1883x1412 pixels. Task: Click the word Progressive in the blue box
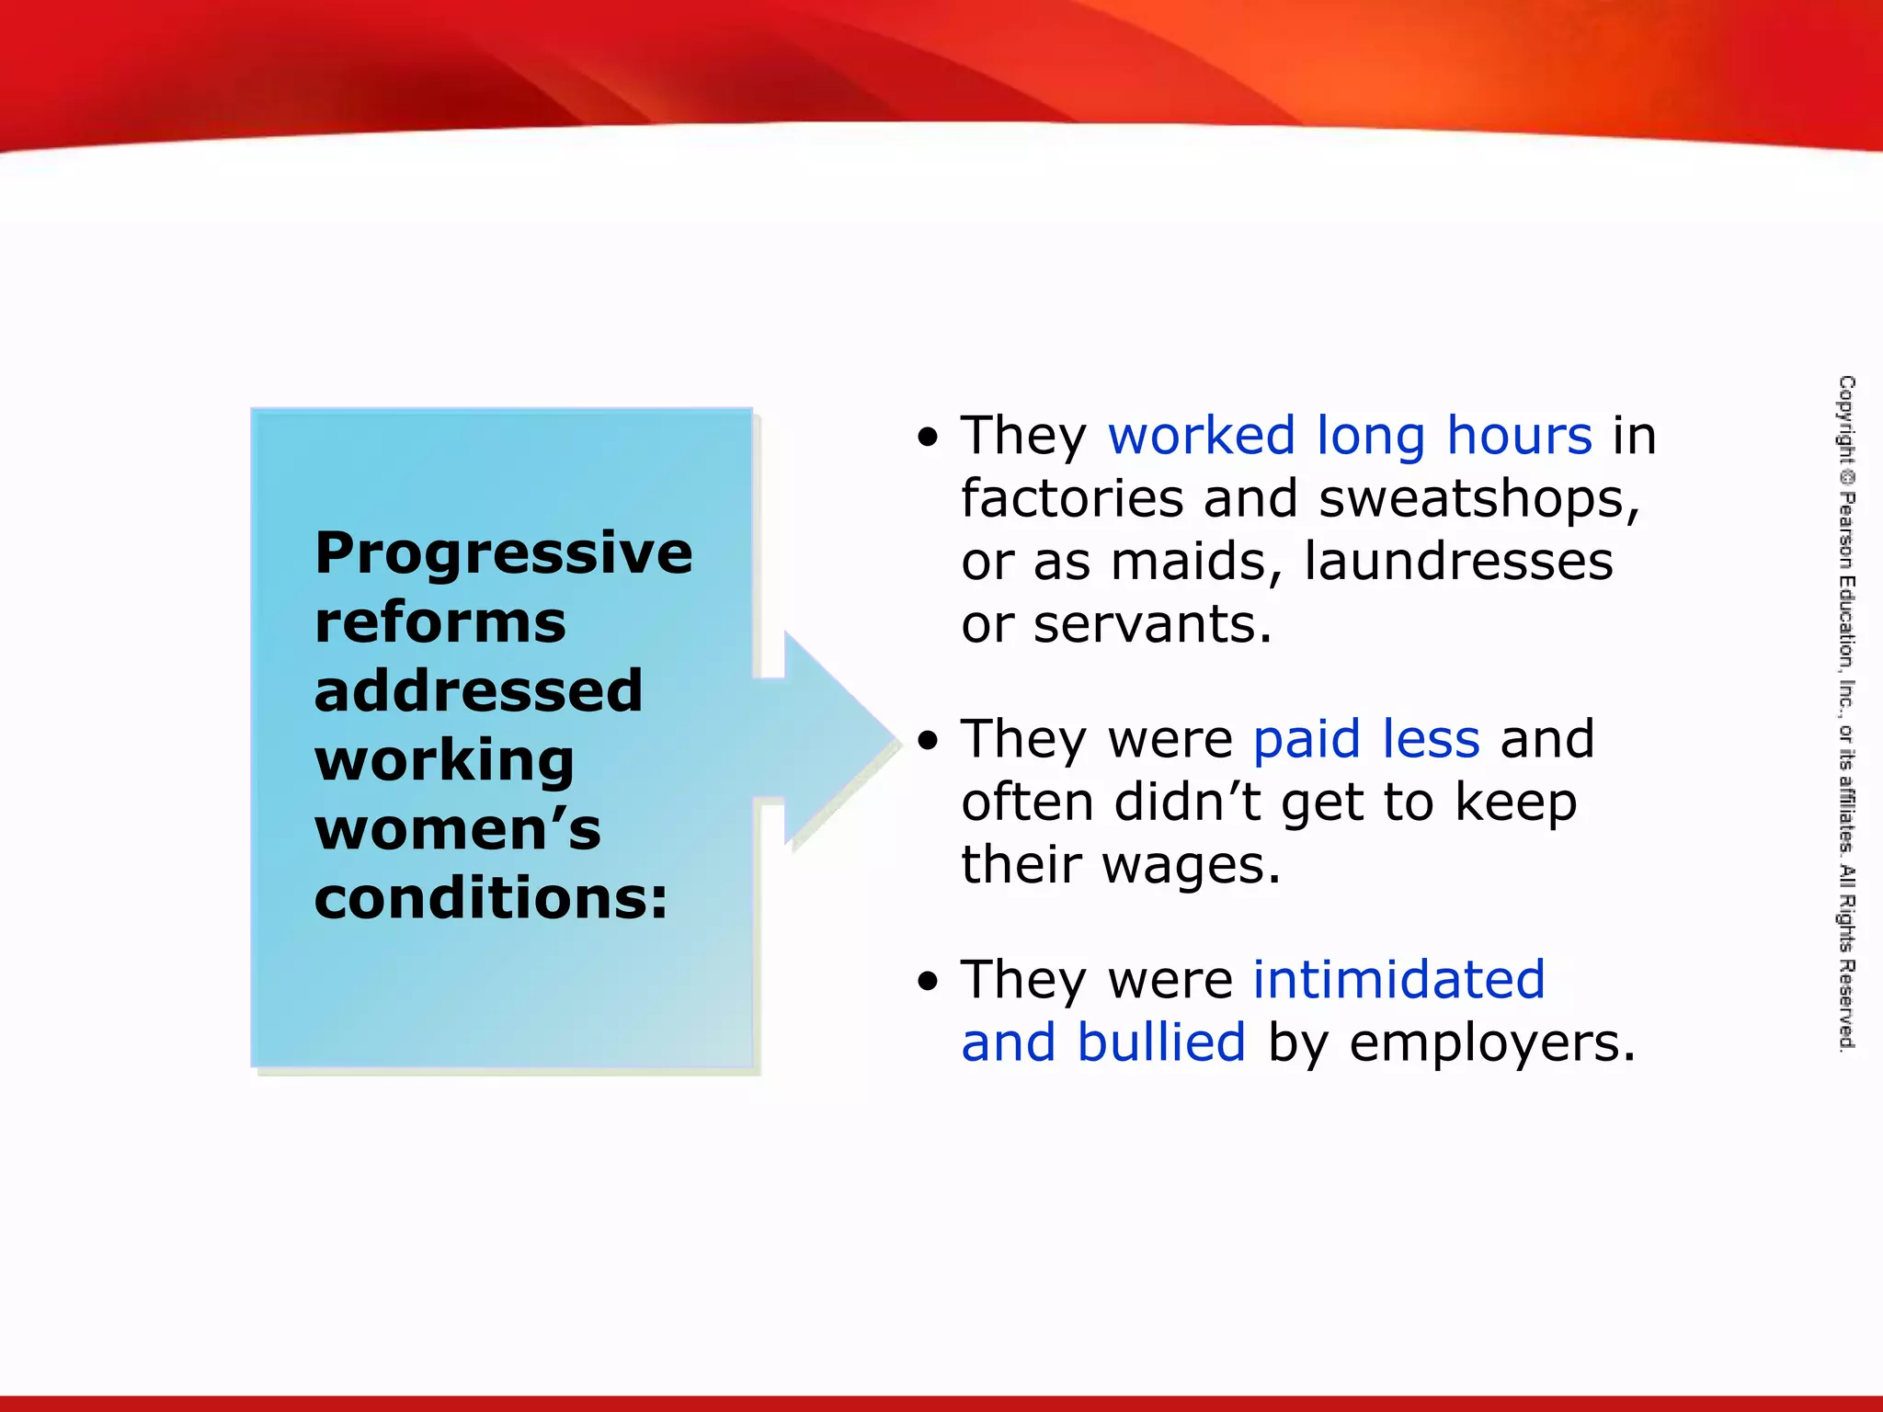pyautogui.click(x=503, y=554)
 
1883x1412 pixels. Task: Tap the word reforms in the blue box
pyautogui.click(x=439, y=622)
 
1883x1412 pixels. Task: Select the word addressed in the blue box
pyautogui.click(x=478, y=691)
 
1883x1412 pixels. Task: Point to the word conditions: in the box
pyautogui.click(x=491, y=898)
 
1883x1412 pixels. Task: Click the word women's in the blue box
pyautogui.click(x=457, y=829)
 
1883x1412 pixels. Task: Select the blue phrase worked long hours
pyautogui.click(x=1349, y=436)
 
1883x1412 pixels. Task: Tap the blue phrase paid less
pyautogui.click(x=1365, y=739)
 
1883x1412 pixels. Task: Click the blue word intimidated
pyautogui.click(x=1398, y=980)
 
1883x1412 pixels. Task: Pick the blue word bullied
pyautogui.click(x=1161, y=1043)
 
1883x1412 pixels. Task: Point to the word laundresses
pyautogui.click(x=1458, y=562)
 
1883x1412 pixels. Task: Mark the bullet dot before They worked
pyautogui.click(x=929, y=438)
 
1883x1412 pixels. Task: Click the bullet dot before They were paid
pyautogui.click(x=929, y=741)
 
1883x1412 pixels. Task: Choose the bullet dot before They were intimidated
pyautogui.click(x=929, y=982)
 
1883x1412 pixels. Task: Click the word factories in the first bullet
pyautogui.click(x=1072, y=499)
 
